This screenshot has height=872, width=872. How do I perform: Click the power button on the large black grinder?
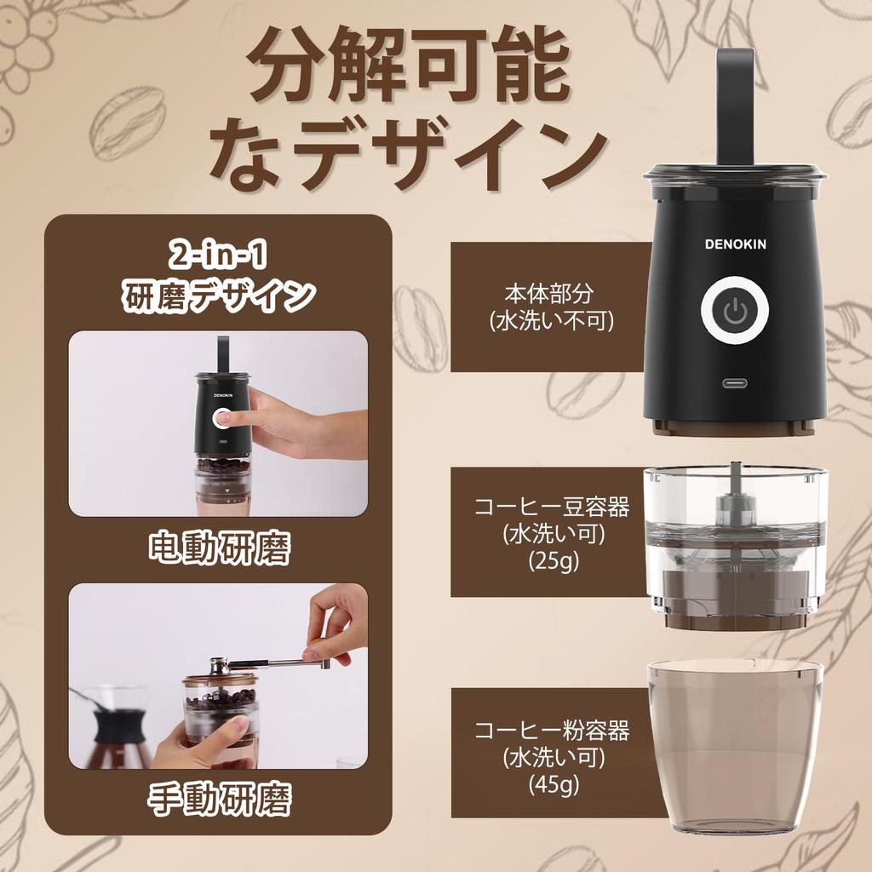tap(734, 313)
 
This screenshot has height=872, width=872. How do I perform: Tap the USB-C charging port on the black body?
tap(734, 382)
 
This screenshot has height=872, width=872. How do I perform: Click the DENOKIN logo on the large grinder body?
tap(735, 244)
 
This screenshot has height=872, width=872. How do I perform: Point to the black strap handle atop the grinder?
tap(735, 102)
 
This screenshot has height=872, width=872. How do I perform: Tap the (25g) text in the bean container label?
tap(552, 560)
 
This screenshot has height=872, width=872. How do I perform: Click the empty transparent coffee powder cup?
tap(734, 749)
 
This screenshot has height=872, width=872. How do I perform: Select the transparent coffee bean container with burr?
tap(734, 545)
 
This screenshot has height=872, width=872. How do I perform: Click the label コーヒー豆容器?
tap(552, 508)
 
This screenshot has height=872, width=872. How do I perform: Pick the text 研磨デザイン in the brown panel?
tap(219, 295)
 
